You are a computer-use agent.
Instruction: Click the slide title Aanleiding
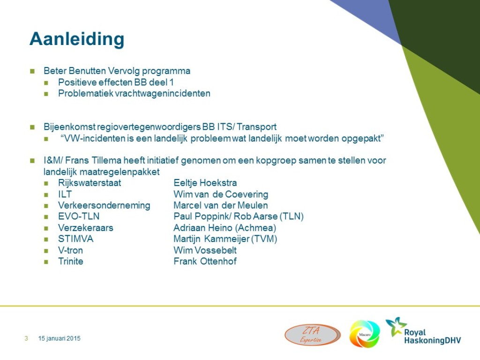[x=77, y=39]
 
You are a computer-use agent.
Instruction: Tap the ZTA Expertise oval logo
[x=313, y=335]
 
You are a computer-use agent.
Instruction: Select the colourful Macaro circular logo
[x=365, y=334]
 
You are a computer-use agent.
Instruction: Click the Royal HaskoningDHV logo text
[x=432, y=337]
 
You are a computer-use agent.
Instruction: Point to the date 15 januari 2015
[x=60, y=338]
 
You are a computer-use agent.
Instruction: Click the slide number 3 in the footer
[x=26, y=338]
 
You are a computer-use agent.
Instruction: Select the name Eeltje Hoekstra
[x=205, y=183]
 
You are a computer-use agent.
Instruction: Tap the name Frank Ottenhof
[x=205, y=261]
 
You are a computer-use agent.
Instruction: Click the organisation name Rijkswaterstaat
[x=90, y=183]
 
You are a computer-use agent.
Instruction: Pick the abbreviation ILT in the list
[x=65, y=194]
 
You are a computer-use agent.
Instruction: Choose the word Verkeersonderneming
[x=104, y=205]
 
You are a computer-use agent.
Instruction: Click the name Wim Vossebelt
[x=205, y=250]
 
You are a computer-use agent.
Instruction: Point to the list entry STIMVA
[x=75, y=239]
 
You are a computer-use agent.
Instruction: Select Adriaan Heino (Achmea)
[x=225, y=228]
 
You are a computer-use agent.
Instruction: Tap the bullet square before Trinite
[x=46, y=262]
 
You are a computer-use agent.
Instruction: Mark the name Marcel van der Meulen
[x=221, y=205]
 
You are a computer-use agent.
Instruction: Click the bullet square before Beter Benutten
[x=32, y=72]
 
